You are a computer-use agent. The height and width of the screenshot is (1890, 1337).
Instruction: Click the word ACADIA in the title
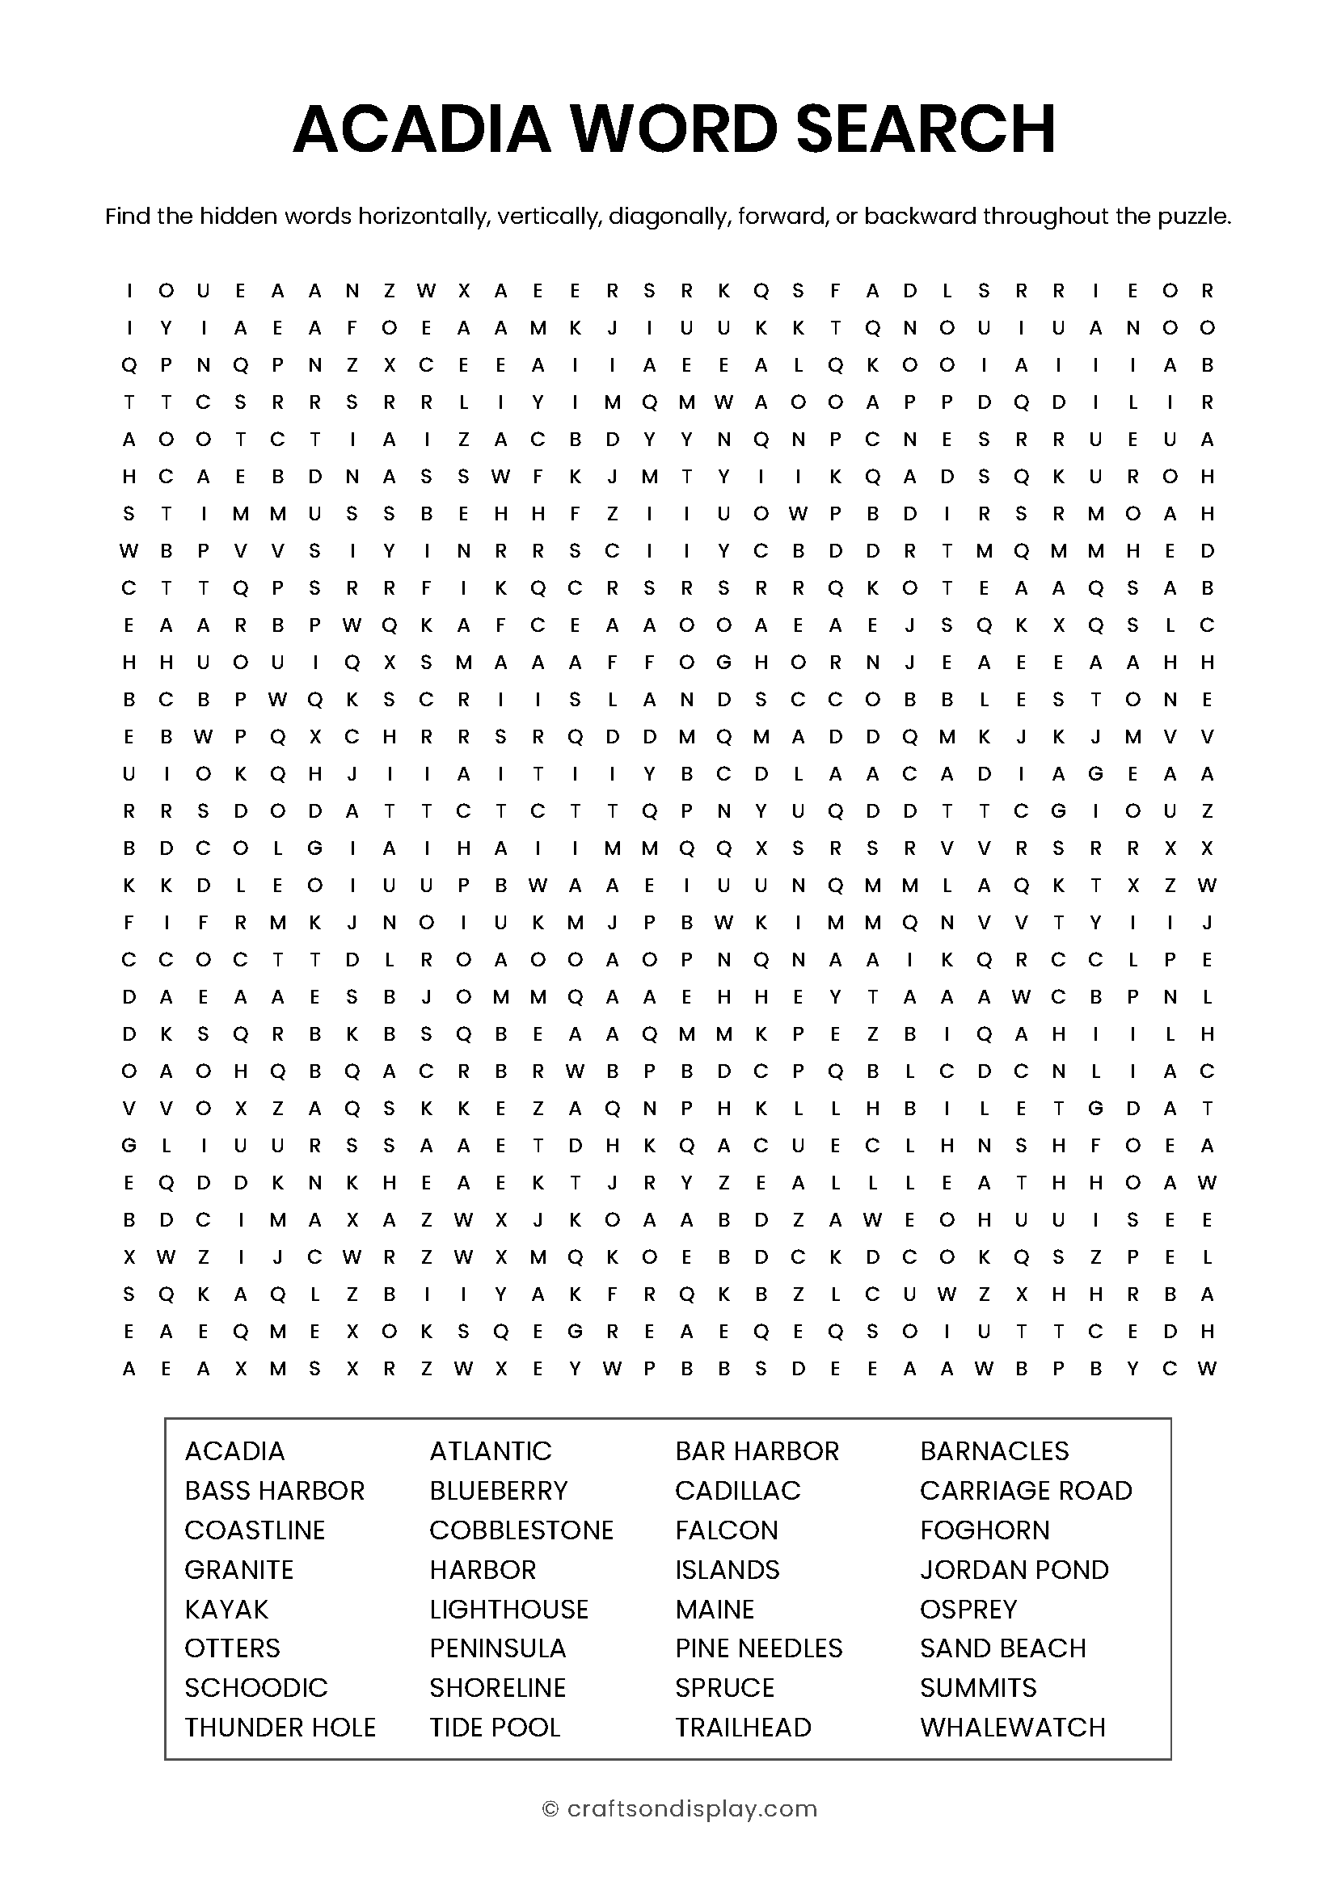tap(421, 129)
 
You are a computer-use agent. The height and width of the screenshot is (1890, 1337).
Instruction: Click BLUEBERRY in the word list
tap(498, 1490)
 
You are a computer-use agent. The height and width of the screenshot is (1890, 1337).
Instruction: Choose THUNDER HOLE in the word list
tap(280, 1727)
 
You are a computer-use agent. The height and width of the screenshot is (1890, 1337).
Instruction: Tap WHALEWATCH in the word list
tap(1012, 1727)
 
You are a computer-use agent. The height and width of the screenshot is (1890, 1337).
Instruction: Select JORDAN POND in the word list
tap(1014, 1569)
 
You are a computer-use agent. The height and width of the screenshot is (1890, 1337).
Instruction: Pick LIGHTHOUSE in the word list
tap(508, 1609)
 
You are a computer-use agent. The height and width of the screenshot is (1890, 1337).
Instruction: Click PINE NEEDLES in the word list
tap(758, 1648)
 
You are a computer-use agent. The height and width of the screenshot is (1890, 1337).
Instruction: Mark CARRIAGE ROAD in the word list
tap(1026, 1490)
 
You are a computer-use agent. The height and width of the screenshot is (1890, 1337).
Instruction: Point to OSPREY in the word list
tap(968, 1609)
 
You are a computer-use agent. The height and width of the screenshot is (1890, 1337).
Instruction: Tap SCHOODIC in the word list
tap(256, 1687)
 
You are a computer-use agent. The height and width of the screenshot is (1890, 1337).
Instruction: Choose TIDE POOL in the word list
tap(495, 1727)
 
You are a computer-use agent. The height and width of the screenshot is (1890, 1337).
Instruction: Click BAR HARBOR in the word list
tap(757, 1450)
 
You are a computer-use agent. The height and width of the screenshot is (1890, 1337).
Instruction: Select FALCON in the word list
tap(726, 1530)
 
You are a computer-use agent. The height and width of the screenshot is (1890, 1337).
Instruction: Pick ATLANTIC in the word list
tap(491, 1450)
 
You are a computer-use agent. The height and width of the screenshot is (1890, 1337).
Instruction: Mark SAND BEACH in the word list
tap(1002, 1648)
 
